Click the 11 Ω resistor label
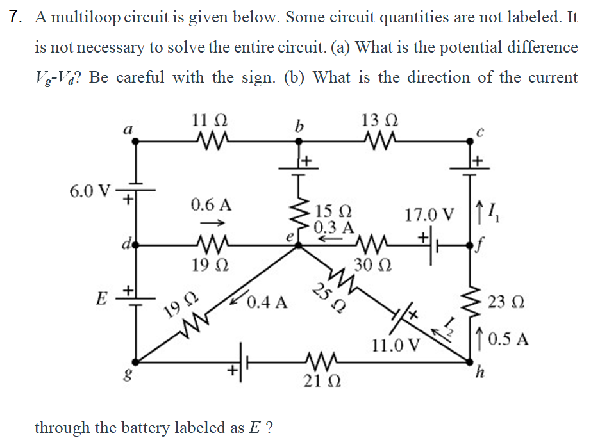[209, 120]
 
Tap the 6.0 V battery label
[89, 190]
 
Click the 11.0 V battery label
[396, 346]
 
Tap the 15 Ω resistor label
[335, 212]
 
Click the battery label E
[101, 298]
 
